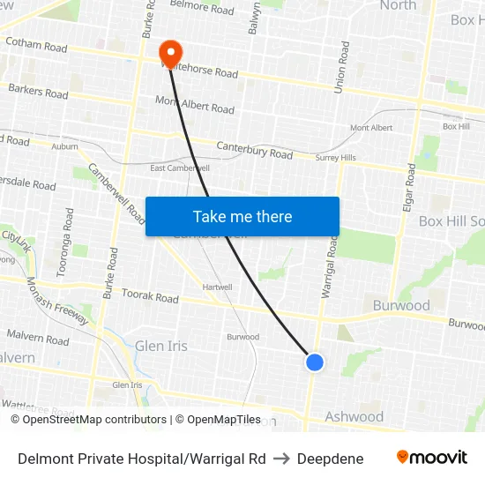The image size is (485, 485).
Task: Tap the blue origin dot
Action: coord(314,362)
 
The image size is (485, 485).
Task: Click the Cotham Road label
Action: coord(36,45)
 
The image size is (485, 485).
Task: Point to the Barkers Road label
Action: coord(38,91)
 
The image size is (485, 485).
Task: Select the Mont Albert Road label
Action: coord(195,105)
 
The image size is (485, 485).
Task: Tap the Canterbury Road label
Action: coord(254,150)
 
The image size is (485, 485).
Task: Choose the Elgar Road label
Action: coord(410,187)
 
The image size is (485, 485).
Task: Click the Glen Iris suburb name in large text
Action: coord(160,346)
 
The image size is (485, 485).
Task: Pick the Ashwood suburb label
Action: coord(354,416)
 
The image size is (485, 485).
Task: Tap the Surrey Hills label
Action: coord(336,158)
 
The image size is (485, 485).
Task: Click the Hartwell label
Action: coord(217,287)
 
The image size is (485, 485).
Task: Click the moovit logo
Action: coord(432,458)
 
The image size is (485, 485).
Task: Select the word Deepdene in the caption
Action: coord(331,459)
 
